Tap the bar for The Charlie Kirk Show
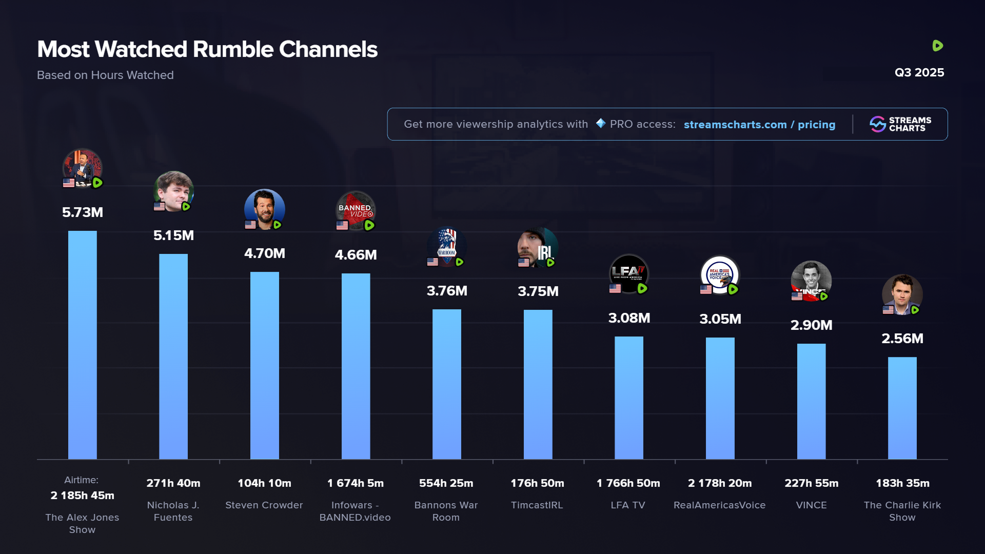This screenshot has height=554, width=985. [902, 408]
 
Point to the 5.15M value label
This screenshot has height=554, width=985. [173, 235]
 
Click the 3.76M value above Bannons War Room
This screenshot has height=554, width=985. [447, 291]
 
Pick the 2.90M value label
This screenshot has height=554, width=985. [811, 325]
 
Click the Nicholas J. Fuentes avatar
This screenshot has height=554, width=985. [173, 191]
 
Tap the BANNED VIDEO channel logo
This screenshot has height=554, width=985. [356, 211]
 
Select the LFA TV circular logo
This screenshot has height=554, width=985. [628, 274]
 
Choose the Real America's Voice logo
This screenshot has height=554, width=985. [719, 275]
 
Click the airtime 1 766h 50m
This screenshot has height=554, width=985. [628, 483]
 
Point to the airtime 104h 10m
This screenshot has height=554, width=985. [264, 483]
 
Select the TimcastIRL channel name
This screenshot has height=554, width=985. [537, 505]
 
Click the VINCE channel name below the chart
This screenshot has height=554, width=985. [811, 505]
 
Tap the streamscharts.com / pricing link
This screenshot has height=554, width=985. [759, 125]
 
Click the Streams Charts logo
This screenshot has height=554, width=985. [900, 124]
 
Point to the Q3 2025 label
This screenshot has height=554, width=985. [919, 72]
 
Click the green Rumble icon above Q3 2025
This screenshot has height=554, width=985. [937, 46]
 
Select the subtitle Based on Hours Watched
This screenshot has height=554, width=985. [105, 75]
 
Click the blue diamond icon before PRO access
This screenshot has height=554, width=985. [600, 124]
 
